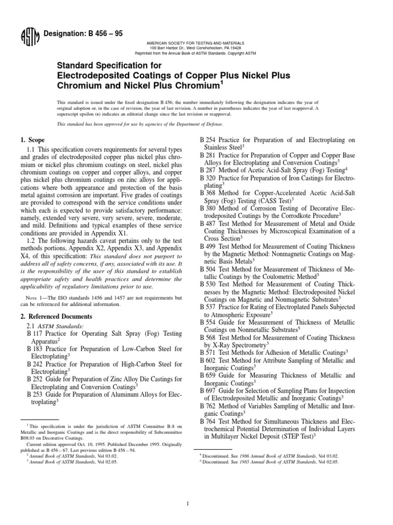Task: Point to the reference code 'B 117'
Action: coord(35,334)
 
